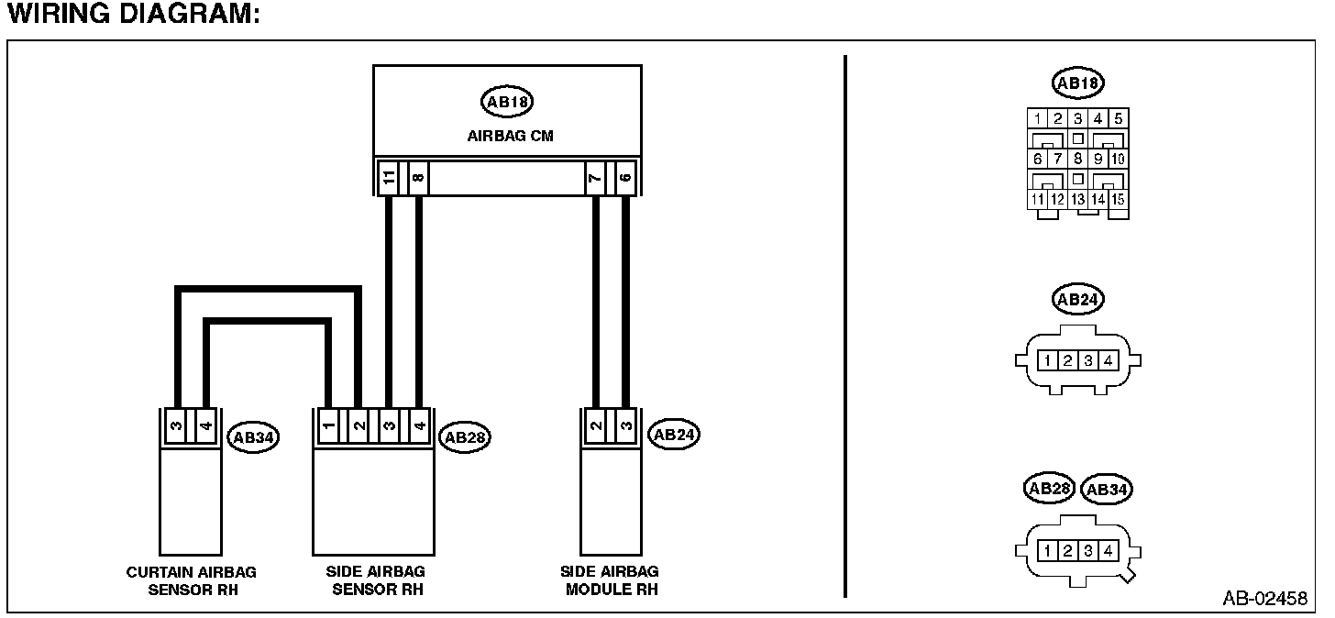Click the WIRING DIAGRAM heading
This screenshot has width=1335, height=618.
point(128,16)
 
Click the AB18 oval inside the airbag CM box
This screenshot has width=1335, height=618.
point(507,102)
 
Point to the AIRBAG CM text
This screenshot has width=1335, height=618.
point(510,136)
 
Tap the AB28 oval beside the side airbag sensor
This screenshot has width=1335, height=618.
point(465,437)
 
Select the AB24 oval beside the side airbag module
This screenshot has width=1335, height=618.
point(672,436)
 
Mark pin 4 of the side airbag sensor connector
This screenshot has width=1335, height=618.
point(418,426)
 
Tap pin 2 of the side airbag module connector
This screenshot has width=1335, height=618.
point(596,426)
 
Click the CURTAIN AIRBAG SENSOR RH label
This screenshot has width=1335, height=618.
point(192,580)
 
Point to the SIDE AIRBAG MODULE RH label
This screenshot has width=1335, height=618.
point(609,580)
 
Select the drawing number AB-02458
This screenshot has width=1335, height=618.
point(1264,599)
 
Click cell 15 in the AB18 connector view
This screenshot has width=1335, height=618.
point(1119,198)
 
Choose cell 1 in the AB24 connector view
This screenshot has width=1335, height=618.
point(1047,360)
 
